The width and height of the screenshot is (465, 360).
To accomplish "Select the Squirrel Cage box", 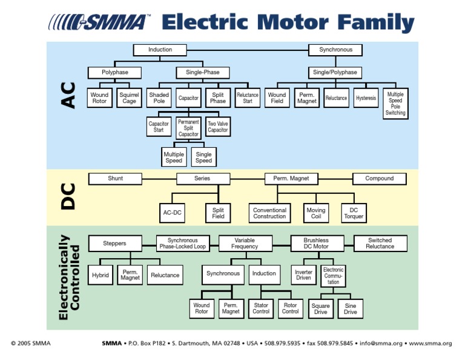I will coord(129,98).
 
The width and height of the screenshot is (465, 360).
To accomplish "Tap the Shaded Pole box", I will coord(159,98).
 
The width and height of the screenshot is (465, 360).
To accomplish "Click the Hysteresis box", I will coord(366,98).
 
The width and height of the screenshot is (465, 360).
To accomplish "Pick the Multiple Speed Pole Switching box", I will coord(395,104).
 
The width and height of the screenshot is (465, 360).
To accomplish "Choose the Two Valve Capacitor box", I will coord(218,127).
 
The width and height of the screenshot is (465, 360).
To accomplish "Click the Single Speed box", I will coord(203,158).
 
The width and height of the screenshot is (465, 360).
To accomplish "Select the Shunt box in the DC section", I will coord(115,179).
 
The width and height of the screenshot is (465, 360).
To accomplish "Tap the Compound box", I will coord(380,179).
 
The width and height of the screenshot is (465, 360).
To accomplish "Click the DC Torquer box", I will coord(354,213).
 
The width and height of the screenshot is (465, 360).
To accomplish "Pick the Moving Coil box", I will coord(315,213).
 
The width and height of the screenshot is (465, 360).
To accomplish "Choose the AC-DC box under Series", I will coord(173,213).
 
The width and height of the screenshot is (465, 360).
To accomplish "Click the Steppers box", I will coord(114,244).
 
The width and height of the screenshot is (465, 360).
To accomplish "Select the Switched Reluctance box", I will coord(380,244).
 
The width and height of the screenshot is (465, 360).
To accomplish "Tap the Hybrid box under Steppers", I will coord(101,275).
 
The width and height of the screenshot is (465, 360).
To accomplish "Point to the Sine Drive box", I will coord(351,309).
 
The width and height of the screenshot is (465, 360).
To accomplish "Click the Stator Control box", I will coord(261,309).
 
